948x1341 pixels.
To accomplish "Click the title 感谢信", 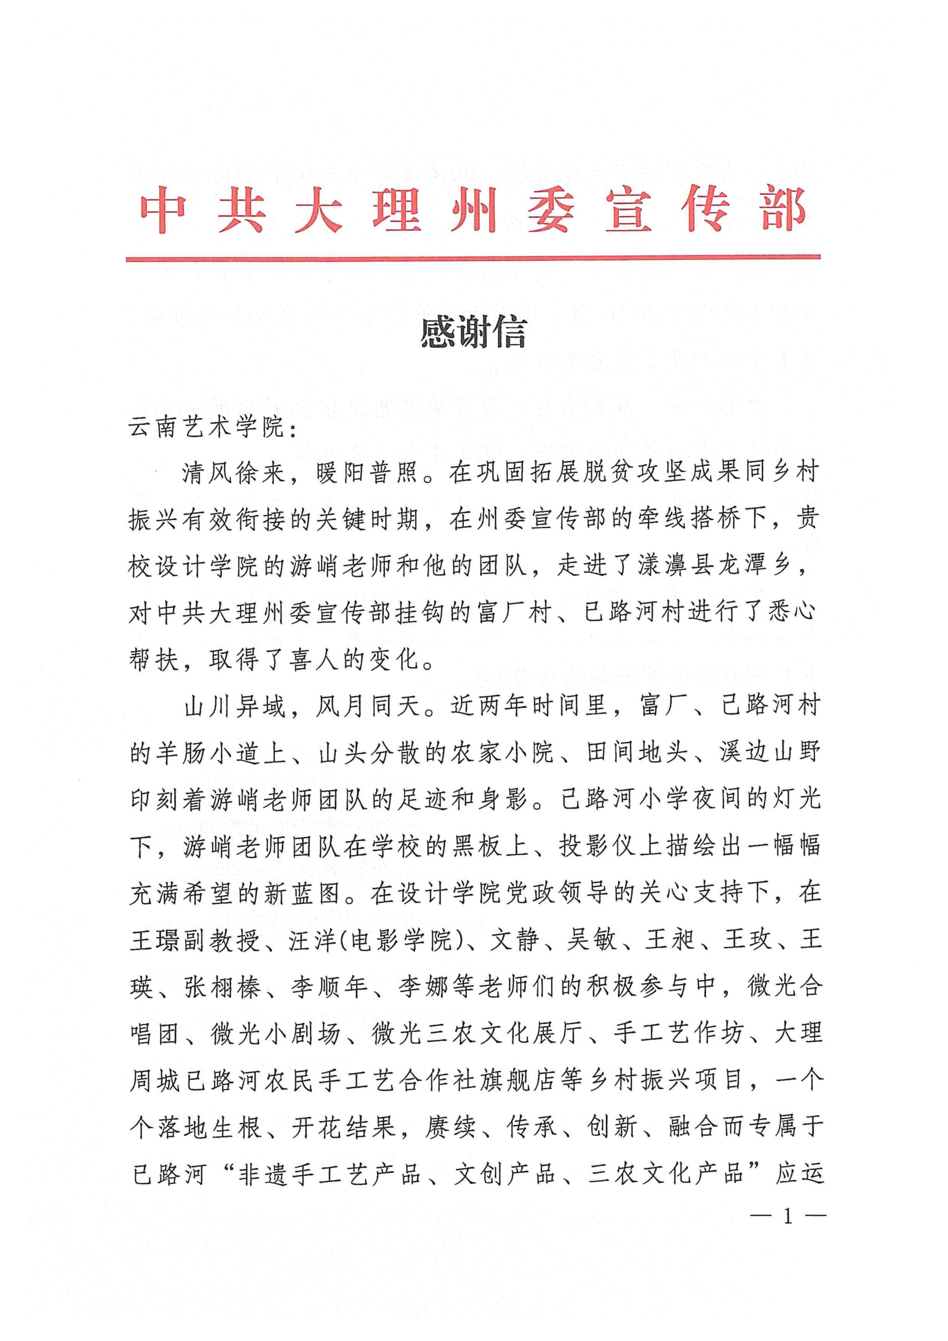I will tap(474, 333).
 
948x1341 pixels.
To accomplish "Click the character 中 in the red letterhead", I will tap(163, 212).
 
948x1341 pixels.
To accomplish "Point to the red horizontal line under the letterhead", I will tap(473, 257).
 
